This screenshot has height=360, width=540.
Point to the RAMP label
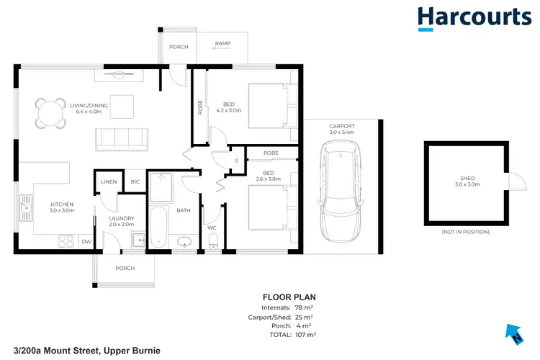[x=222, y=45]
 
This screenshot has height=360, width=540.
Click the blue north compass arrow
[x=513, y=334]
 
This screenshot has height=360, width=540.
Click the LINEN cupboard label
[x=109, y=182]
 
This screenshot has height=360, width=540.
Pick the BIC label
[x=135, y=182]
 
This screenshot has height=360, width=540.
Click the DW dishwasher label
[x=86, y=242]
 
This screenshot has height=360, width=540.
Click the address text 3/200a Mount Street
[x=80, y=351]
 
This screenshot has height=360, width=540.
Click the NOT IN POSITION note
[x=465, y=232]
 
